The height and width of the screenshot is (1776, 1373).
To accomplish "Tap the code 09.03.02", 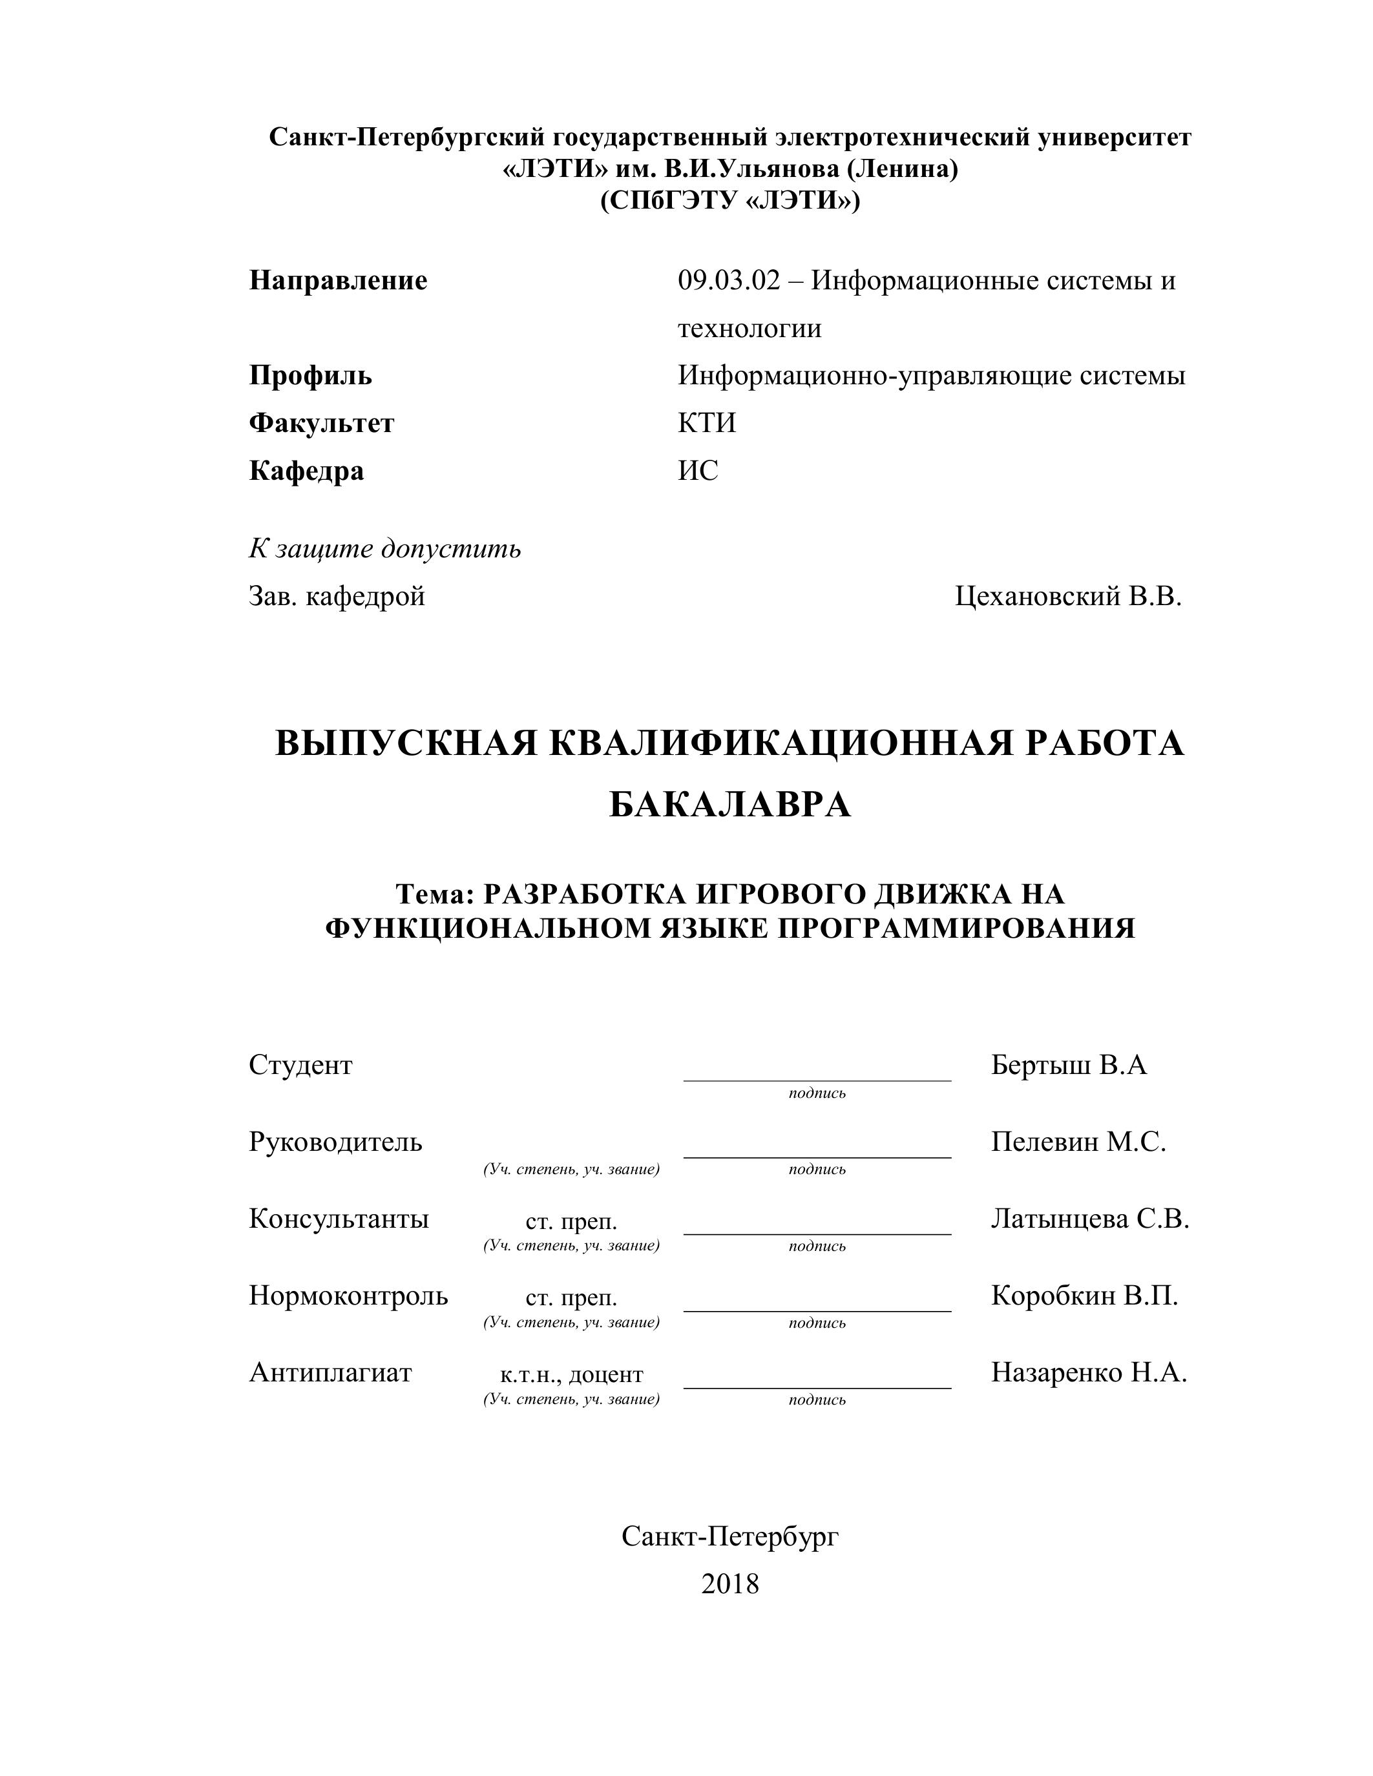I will point(729,282).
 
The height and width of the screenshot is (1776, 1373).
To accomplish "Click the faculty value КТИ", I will point(707,424).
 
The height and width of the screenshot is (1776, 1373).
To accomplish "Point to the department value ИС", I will point(698,471).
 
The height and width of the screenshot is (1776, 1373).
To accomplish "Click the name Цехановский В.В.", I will point(1068,597).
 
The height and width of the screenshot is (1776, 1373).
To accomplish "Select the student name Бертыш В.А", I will point(1069,1065).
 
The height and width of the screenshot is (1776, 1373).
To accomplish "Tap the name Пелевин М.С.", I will point(1078,1142).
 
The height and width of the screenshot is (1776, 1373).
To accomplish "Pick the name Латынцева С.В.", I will point(1090,1218).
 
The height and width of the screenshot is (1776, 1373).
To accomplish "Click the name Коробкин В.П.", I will point(1084,1296).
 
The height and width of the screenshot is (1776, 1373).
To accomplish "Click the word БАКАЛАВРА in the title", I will point(729,805).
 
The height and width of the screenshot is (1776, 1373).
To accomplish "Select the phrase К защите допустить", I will point(384,549).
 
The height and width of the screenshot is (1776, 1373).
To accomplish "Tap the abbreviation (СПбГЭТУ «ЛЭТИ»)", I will point(729,200).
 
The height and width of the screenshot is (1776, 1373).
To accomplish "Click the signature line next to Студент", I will point(817,1080).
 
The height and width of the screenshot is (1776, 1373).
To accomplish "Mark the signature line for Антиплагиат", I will point(817,1387).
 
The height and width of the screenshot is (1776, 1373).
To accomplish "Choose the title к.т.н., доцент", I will point(571,1374).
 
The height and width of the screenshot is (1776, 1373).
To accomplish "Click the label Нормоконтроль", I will point(348,1296).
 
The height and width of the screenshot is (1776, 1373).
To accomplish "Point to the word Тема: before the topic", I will point(434,894).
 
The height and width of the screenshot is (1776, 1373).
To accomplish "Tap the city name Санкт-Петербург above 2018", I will point(729,1536).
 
